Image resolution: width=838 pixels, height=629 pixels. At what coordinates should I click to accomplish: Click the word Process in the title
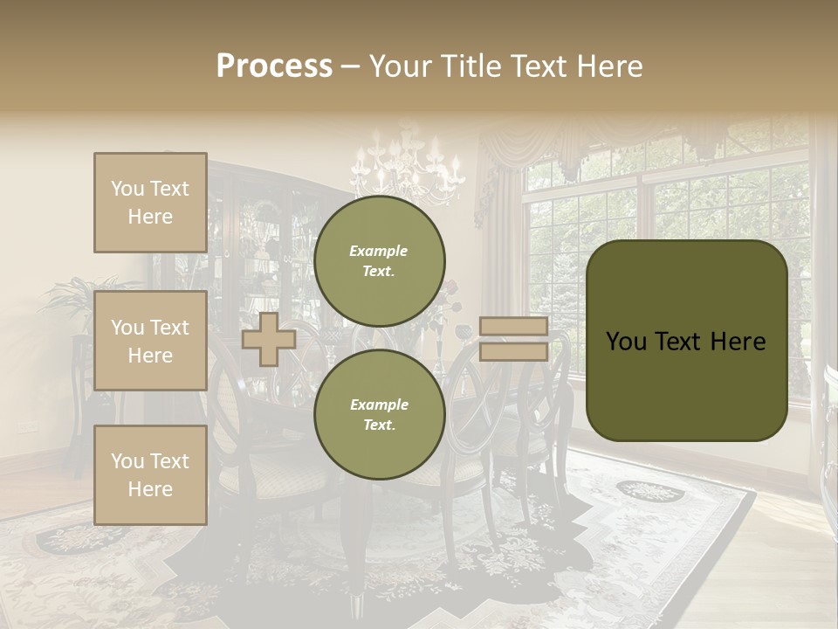pos(274,66)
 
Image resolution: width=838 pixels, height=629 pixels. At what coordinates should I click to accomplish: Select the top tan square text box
pos(150,203)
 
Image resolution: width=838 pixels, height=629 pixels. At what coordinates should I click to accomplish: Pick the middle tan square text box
pos(150,341)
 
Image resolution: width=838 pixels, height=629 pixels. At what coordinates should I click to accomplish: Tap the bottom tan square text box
pos(150,475)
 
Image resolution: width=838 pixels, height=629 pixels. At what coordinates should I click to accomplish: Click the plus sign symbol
pos(268,340)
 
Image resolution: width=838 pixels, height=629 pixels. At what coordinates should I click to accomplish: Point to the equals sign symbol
pos(513,339)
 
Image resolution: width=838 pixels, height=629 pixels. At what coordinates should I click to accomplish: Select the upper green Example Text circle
pos(379,261)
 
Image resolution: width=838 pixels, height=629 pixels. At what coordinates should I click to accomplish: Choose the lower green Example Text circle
pos(379,415)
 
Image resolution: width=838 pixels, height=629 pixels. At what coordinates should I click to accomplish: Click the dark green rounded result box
pos(686,341)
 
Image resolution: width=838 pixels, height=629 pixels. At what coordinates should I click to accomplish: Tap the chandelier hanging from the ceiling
pos(407,166)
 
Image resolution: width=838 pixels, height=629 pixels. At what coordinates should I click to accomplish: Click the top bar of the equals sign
pos(513,327)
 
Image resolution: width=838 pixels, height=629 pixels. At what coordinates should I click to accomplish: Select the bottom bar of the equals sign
pos(513,351)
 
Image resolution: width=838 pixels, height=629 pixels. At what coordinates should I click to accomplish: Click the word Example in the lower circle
pos(379,404)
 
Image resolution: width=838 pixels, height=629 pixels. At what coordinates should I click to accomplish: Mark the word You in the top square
pos(127,189)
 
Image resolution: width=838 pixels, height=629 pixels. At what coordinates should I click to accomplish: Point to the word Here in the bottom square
pos(150,489)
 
